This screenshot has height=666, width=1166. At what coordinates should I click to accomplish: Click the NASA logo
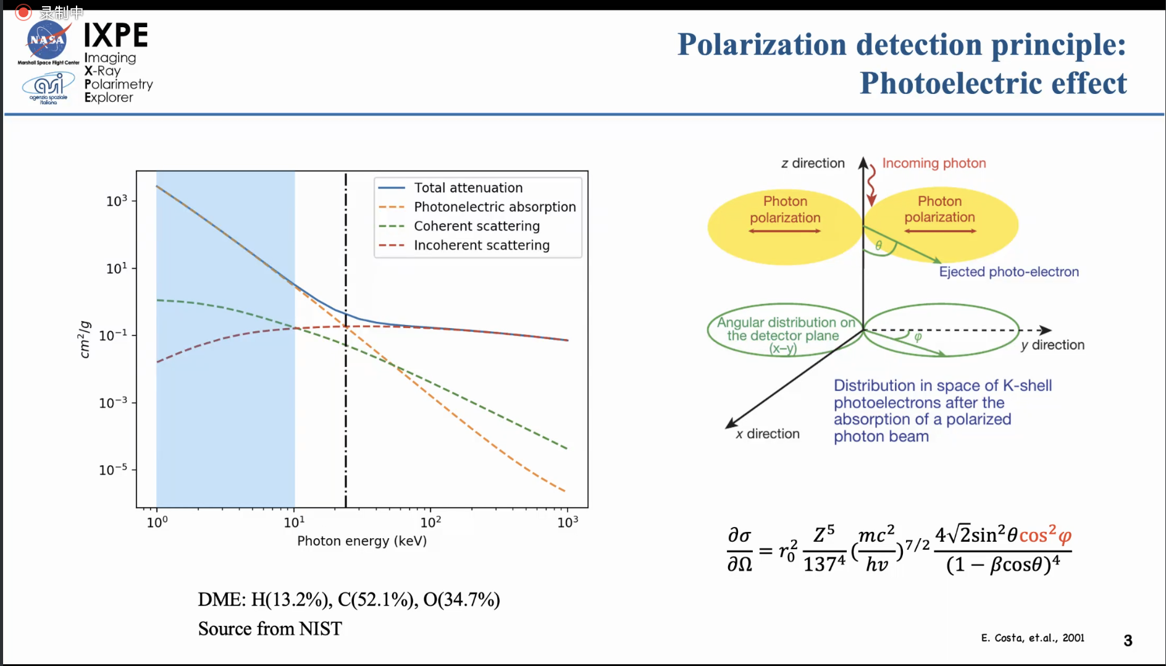click(x=47, y=40)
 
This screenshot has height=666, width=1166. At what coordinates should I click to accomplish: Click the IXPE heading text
click(x=116, y=35)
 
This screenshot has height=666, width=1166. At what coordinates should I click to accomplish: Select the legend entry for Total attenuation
click(x=468, y=188)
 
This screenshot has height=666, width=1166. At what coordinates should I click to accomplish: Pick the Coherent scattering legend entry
click(x=476, y=226)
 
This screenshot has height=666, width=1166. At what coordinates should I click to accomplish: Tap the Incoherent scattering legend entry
click(x=481, y=245)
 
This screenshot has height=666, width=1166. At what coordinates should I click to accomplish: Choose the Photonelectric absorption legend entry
click(x=494, y=207)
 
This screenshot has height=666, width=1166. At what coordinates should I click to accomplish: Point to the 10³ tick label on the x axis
click(x=568, y=523)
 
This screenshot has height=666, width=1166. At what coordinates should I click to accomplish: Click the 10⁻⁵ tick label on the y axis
click(x=113, y=470)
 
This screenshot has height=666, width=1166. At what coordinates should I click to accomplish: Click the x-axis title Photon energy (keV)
click(x=362, y=541)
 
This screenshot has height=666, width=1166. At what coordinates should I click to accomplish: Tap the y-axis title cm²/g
click(x=85, y=339)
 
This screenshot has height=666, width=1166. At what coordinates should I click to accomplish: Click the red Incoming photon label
click(x=933, y=163)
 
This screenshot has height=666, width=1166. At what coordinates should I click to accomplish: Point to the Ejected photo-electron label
click(x=1009, y=272)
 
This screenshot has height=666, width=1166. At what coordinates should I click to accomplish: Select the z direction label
click(x=813, y=163)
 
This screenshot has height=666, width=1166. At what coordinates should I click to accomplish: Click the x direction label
click(x=768, y=434)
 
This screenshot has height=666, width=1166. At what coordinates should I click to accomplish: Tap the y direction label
click(x=1052, y=345)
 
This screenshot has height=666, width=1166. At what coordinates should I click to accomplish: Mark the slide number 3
click(x=1128, y=641)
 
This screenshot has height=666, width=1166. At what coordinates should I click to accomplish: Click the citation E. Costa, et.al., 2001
click(x=1032, y=638)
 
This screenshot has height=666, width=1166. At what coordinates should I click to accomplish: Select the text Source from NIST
click(x=270, y=629)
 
